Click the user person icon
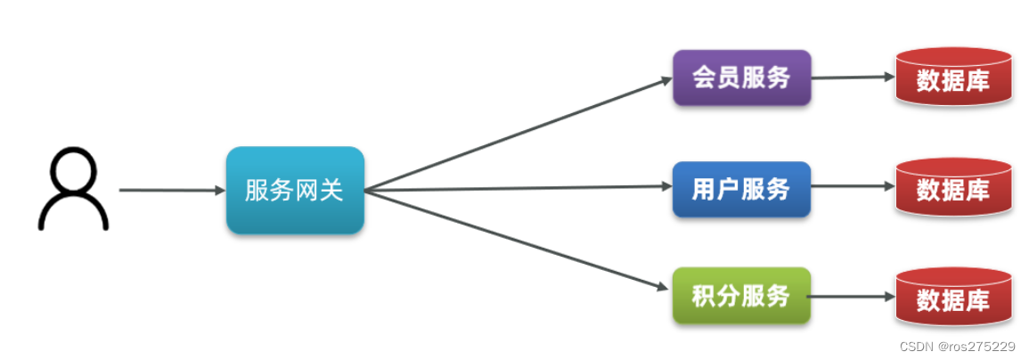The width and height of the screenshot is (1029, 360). (73, 190)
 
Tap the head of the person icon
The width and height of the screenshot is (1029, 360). (73, 169)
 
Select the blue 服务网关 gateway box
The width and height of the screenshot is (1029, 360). (295, 190)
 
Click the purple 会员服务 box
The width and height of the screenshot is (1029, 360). (741, 78)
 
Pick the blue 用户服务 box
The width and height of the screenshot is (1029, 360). (741, 189)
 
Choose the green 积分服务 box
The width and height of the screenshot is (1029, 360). (741, 295)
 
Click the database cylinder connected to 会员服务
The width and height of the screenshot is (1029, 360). (953, 78)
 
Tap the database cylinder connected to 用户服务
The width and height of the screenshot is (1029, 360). (953, 188)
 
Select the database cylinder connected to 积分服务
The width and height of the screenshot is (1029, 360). (953, 297)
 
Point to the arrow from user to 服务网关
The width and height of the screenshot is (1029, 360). (169, 190)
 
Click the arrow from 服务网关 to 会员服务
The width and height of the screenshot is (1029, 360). (517, 134)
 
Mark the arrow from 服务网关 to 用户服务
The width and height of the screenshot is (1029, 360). (517, 189)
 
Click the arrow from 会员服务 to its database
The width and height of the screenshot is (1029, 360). (851, 78)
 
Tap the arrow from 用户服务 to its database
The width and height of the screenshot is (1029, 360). (851, 188)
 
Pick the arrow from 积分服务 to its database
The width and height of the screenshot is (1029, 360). (851, 297)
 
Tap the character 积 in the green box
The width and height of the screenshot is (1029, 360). (704, 295)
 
